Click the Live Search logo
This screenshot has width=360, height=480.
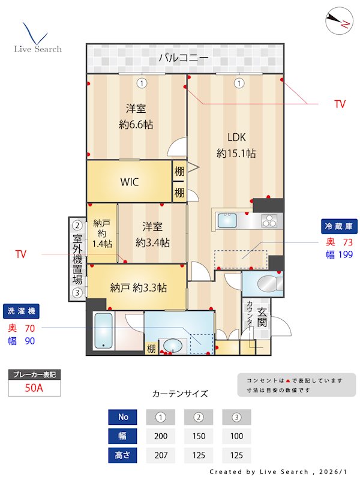click(x=37, y=38)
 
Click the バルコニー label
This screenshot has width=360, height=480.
click(x=184, y=58)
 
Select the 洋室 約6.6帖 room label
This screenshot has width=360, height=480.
click(x=136, y=117)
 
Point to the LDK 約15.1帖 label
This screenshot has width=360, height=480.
click(x=236, y=145)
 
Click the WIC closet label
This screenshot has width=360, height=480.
click(x=130, y=182)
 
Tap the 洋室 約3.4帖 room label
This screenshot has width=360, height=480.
click(x=152, y=235)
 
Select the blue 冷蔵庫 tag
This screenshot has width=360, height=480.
click(x=340, y=226)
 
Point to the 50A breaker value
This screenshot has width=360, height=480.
click(x=34, y=388)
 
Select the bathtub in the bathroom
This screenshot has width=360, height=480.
click(x=104, y=331)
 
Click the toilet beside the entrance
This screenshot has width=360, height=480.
click(x=262, y=284)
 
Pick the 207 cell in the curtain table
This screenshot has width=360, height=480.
click(x=160, y=455)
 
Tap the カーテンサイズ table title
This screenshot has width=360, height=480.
click(x=180, y=394)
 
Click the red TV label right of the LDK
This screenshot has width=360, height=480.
click(x=340, y=104)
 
